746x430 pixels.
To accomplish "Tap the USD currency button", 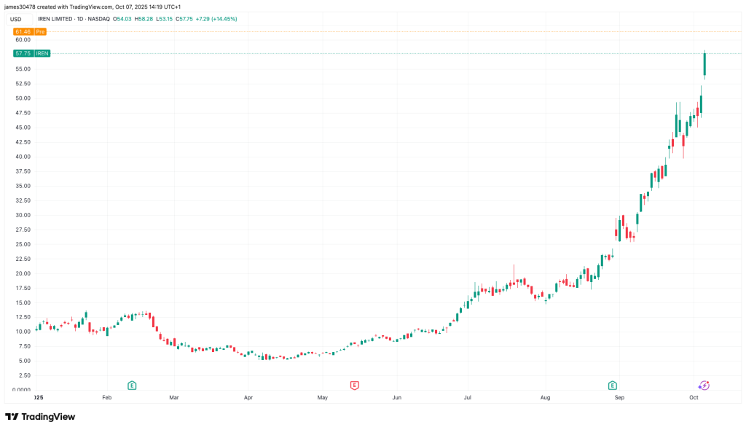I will coord(15,18).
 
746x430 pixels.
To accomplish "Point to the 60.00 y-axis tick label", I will coord(23,40).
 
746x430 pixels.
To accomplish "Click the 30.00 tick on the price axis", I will coord(23,215).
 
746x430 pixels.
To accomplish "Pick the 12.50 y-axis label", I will coord(23,317).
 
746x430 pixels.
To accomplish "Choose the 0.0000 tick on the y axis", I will coord(20,390).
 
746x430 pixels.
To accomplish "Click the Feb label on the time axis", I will coord(107,398).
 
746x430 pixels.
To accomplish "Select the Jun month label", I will coord(397,398).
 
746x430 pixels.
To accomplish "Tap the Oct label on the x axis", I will coord(694,398).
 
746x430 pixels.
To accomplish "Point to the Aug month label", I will coord(545,398).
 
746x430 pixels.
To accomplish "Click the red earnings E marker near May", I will coord(355,385).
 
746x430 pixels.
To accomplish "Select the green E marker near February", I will coord(132,385).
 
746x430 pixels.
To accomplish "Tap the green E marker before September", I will coord(613,385).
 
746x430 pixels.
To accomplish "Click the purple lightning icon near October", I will coord(704,385).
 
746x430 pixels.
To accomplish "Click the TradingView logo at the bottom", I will coord(40,417).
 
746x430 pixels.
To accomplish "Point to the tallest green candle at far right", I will coord(704,64).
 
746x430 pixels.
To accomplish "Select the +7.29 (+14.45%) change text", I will coord(216,18).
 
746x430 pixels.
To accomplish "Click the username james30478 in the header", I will coord(20,6).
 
